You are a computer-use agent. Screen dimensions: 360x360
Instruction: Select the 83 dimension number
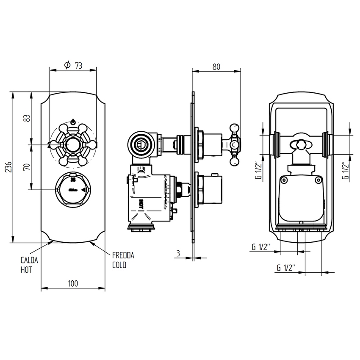pos(27,118)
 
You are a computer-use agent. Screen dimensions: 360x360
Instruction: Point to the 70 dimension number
pos(27,167)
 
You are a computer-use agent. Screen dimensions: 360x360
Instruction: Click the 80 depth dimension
pos(216,66)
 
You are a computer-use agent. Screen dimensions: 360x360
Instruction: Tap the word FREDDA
pos(123,255)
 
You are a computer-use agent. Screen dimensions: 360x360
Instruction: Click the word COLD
pos(119,265)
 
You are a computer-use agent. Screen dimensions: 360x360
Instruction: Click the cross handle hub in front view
pos(73,144)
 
